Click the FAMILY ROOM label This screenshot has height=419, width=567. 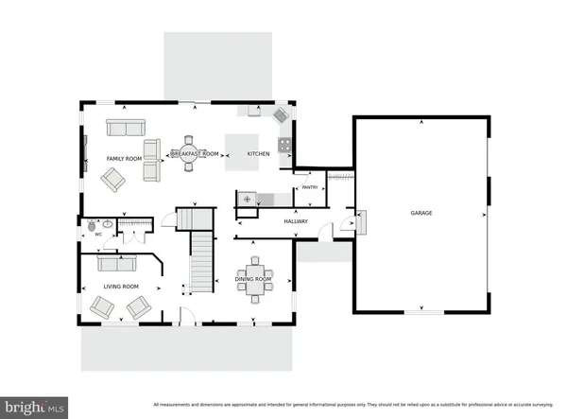tap(123, 157)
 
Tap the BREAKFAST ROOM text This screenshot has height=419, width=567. tap(195, 153)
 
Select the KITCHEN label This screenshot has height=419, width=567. tap(258, 153)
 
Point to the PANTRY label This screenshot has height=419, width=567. tap(308, 188)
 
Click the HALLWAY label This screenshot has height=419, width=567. tap(297, 221)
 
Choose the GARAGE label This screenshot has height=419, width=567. tap(421, 213)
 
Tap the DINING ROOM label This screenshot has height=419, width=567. tap(253, 279)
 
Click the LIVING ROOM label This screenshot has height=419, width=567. tap(121, 286)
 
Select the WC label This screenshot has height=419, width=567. tap(98, 235)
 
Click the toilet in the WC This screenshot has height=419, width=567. tap(91, 226)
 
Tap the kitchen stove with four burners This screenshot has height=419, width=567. tap(284, 147)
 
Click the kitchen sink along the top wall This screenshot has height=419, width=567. tap(254, 111)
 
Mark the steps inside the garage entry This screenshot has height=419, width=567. tap(359, 223)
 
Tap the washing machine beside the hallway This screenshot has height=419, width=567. tap(248, 200)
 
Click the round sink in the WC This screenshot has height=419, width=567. tap(108, 224)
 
